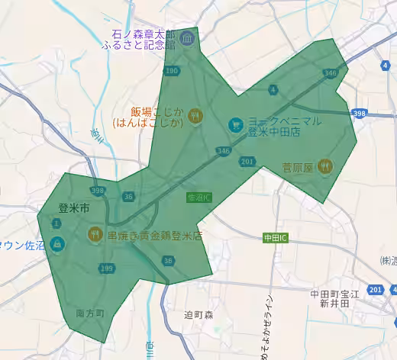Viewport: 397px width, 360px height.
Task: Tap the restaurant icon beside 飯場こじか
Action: pos(197,116)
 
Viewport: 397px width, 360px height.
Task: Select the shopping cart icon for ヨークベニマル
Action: pos(235,122)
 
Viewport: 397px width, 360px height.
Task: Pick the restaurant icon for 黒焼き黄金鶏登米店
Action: pos(95,235)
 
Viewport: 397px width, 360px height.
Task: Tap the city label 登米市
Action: pos(74,207)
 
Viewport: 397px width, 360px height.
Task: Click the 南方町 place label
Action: pos(90,313)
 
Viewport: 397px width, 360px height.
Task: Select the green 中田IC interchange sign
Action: pos(275,238)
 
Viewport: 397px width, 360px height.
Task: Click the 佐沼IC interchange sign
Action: pos(198,198)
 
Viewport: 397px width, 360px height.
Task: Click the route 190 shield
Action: pos(172,71)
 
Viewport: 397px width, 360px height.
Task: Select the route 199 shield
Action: pos(106,268)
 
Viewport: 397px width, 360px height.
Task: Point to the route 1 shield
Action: pos(56,223)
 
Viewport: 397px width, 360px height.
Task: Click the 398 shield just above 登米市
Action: pos(97,191)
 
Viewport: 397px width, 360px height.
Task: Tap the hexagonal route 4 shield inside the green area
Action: pos(273,90)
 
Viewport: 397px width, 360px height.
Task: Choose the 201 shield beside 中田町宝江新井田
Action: pos(375,291)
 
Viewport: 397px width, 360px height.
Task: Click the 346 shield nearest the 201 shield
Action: pos(224,151)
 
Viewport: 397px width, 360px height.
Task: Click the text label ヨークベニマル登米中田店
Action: pos(283,127)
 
